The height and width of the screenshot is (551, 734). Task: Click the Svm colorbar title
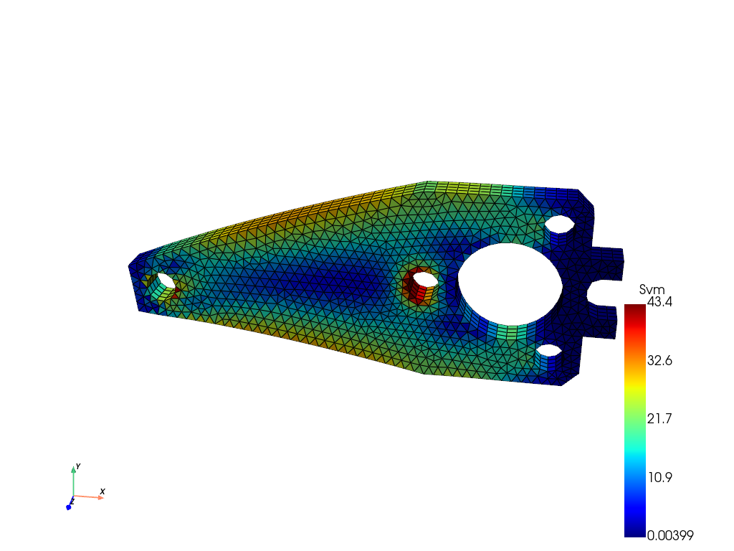[652, 290]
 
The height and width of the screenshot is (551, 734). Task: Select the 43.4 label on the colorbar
[659, 302]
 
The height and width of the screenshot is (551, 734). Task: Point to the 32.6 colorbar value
[659, 360]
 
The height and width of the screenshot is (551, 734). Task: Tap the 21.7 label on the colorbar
[659, 418]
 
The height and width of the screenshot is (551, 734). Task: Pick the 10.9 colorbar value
[660, 477]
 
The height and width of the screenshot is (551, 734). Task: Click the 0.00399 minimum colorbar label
[670, 535]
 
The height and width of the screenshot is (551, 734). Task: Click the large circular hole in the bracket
[510, 284]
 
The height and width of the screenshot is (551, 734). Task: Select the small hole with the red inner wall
[424, 280]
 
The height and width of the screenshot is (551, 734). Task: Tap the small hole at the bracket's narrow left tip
[166, 281]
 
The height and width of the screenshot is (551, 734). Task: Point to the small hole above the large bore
[559, 224]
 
